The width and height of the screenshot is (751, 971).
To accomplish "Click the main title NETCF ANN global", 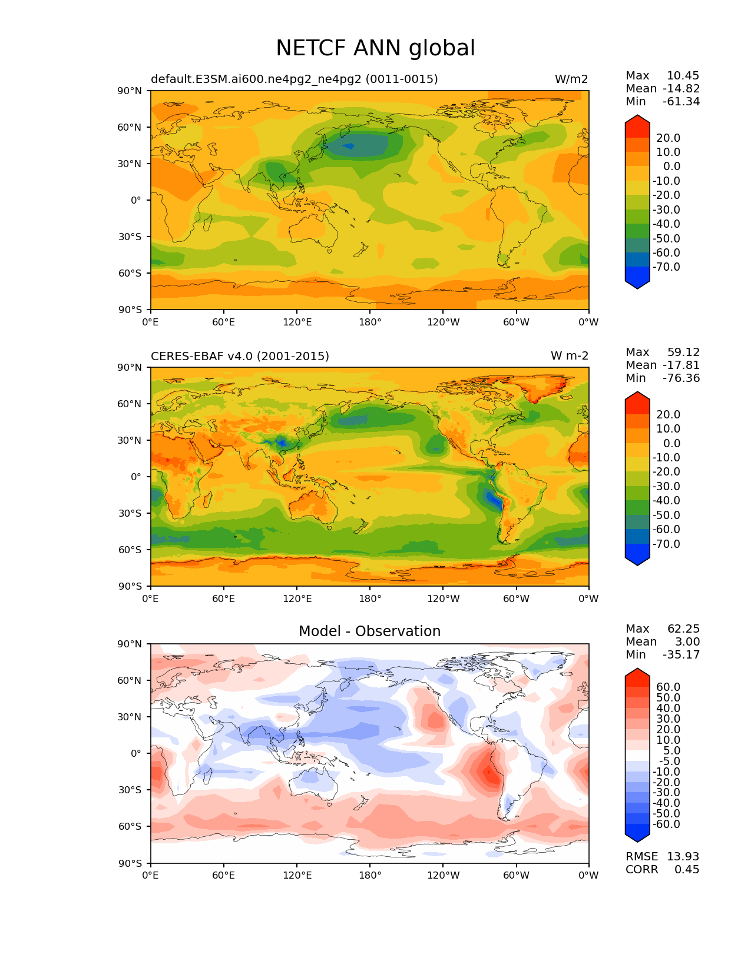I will pyautogui.click(x=375, y=48).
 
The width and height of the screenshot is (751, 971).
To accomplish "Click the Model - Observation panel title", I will pyautogui.click(x=369, y=631).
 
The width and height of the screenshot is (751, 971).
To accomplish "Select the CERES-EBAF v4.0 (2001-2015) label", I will pyautogui.click(x=240, y=357).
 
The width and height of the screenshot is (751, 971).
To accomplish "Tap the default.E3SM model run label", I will pyautogui.click(x=294, y=79).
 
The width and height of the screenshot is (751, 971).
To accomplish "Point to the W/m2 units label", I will pyautogui.click(x=571, y=79).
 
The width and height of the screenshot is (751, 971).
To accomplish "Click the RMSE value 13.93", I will pyautogui.click(x=683, y=856).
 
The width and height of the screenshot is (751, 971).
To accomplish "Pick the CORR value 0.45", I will pyautogui.click(x=687, y=869).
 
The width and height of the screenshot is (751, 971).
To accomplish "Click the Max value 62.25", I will pyautogui.click(x=683, y=629).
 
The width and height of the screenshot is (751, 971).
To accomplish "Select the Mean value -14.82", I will pyautogui.click(x=681, y=89).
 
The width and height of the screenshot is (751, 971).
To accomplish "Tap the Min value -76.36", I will pyautogui.click(x=681, y=378).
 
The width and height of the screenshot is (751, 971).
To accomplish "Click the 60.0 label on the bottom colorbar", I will pyautogui.click(x=669, y=687).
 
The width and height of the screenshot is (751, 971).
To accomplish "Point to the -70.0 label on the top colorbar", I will pyautogui.click(x=666, y=267).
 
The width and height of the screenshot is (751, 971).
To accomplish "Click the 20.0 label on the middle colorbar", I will pyautogui.click(x=669, y=415).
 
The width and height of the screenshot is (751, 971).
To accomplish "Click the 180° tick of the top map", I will pyautogui.click(x=370, y=322).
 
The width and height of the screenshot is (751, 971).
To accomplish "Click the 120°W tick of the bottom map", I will pyautogui.click(x=443, y=876).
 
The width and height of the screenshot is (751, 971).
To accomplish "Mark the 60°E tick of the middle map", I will pyautogui.click(x=224, y=599).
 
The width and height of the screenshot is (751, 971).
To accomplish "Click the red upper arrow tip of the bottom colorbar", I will pyautogui.click(x=637, y=672).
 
